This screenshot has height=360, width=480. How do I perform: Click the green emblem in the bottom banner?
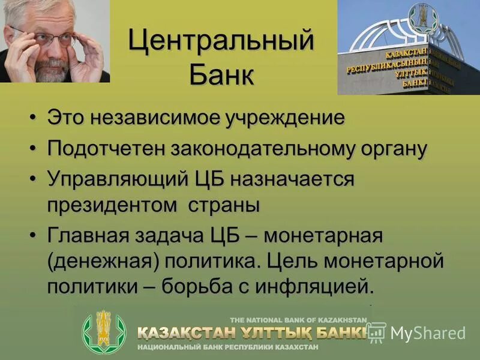click(104, 332)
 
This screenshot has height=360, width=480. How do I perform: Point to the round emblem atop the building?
click(422, 19)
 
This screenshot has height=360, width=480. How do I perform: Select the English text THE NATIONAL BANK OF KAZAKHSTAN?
click(298, 319)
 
